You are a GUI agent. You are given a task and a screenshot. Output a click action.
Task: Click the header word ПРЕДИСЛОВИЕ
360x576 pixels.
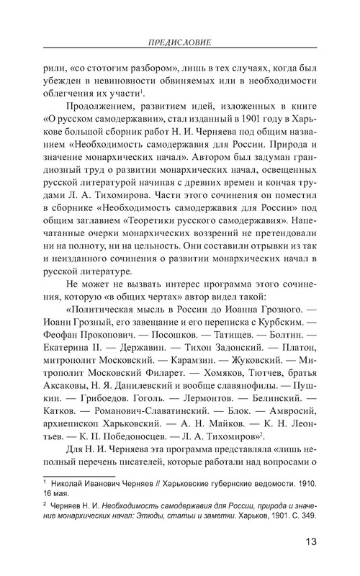pos(180,42)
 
